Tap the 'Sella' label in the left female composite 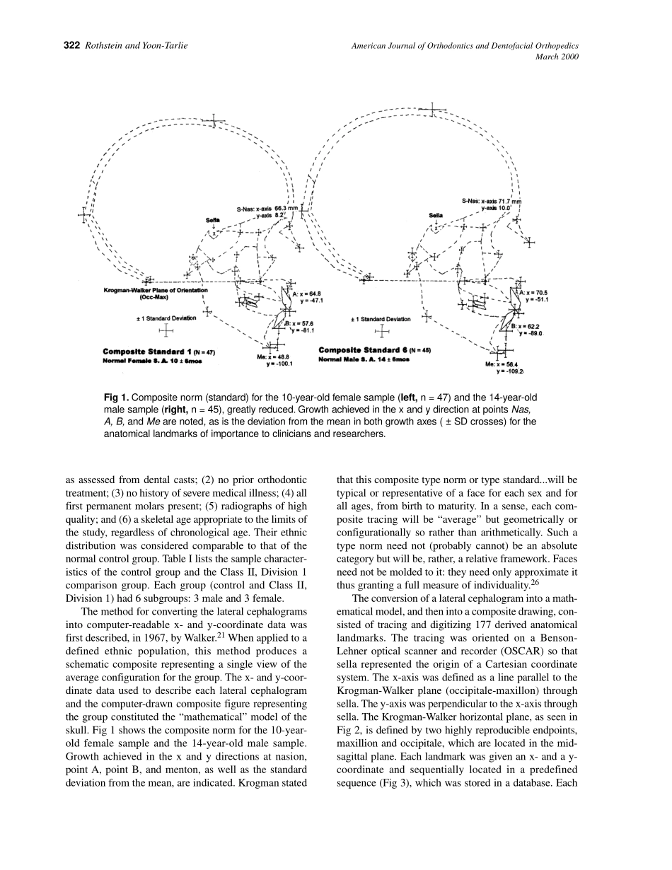click(x=212, y=220)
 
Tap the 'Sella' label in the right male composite click(x=436, y=215)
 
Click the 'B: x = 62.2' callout click(x=526, y=325)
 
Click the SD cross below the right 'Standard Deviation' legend click(x=382, y=330)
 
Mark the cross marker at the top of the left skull click(x=213, y=122)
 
